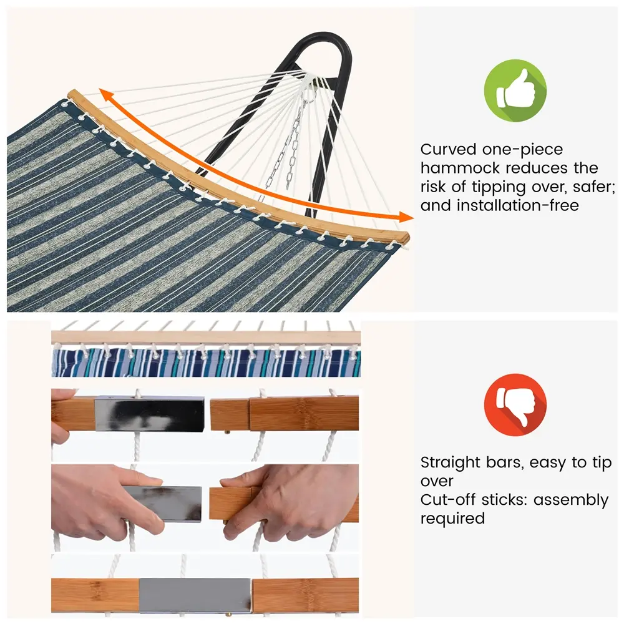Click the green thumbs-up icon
point(515,90)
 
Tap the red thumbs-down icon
point(515,404)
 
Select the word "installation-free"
point(517,206)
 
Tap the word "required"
point(452,519)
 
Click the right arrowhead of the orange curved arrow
point(406,217)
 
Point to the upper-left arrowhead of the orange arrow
point(105,96)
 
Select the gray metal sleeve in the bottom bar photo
point(195,595)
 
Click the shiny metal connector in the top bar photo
point(150,413)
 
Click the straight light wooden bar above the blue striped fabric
point(206,337)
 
